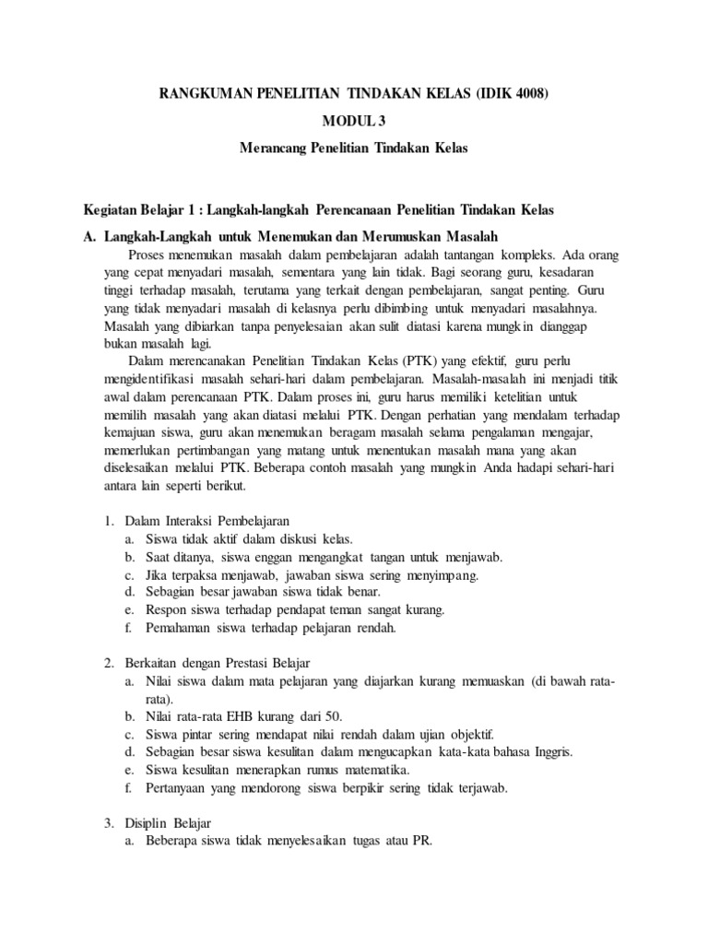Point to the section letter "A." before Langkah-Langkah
[x=89, y=236]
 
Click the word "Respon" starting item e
[x=166, y=609]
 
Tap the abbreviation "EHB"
[x=251, y=716]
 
